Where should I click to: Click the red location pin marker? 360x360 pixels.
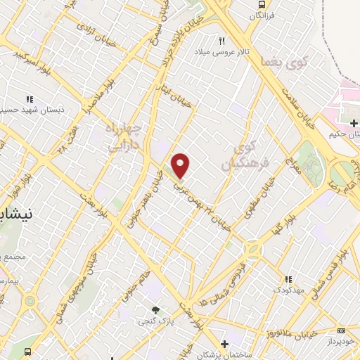click(x=181, y=165)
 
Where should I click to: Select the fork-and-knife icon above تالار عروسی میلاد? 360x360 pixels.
click(x=223, y=41)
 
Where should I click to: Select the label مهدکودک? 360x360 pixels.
click(x=289, y=290)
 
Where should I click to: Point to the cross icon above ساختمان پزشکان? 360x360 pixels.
click(x=224, y=345)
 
